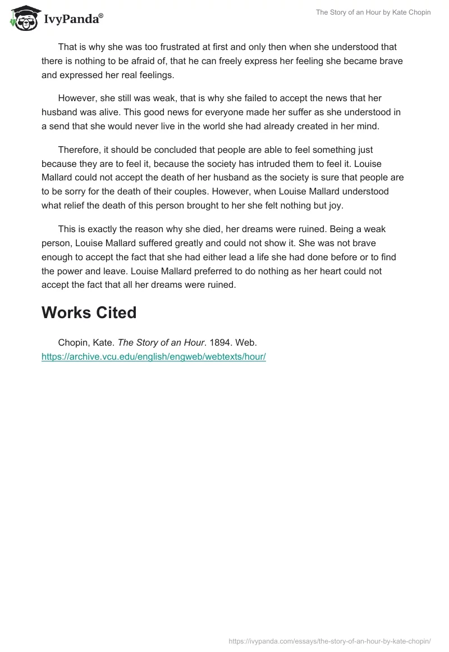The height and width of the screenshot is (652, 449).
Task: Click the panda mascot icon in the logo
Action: click(22, 17)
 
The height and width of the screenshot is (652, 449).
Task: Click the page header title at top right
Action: click(373, 12)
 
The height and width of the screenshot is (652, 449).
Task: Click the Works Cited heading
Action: click(89, 313)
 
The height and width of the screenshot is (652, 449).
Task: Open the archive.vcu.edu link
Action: click(153, 356)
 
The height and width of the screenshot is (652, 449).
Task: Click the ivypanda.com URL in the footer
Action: click(329, 641)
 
